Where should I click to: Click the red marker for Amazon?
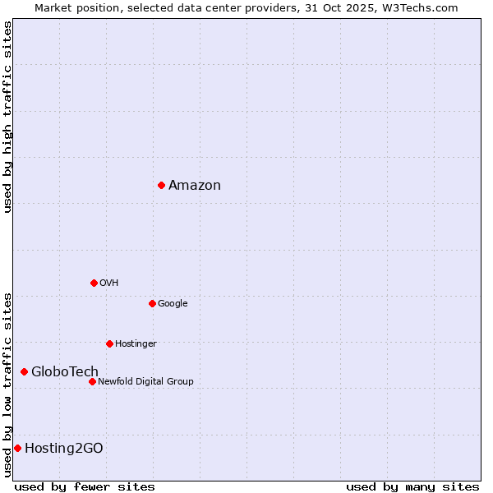[x=161, y=185]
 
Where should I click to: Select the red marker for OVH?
[x=94, y=283]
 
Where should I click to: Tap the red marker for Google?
[x=152, y=303]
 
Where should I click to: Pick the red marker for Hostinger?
[x=109, y=343]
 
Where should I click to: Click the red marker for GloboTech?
[x=24, y=372]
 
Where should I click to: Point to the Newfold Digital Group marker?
[x=92, y=381]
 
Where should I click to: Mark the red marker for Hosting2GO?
[x=17, y=448]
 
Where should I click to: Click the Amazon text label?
[x=195, y=186]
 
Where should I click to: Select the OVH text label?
[x=109, y=283]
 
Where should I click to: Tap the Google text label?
[x=173, y=303]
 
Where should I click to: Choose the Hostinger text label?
[x=136, y=343]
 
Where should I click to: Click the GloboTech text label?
[x=65, y=372]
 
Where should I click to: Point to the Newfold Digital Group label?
[x=145, y=381]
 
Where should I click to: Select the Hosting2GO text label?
[x=64, y=448]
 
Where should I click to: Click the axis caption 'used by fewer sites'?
[x=85, y=486]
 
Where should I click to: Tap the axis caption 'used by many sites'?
[x=412, y=486]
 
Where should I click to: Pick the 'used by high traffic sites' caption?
[x=7, y=117]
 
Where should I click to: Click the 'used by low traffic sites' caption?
[x=7, y=385]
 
